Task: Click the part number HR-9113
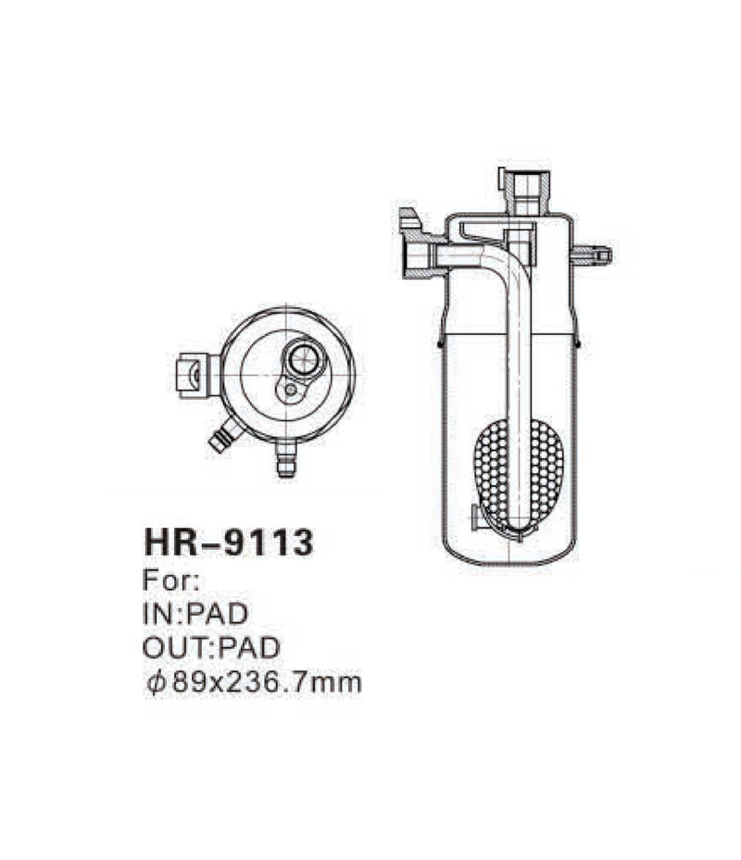(228, 542)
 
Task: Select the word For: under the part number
(168, 582)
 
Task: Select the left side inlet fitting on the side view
(414, 243)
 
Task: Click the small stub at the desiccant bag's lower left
(475, 518)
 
